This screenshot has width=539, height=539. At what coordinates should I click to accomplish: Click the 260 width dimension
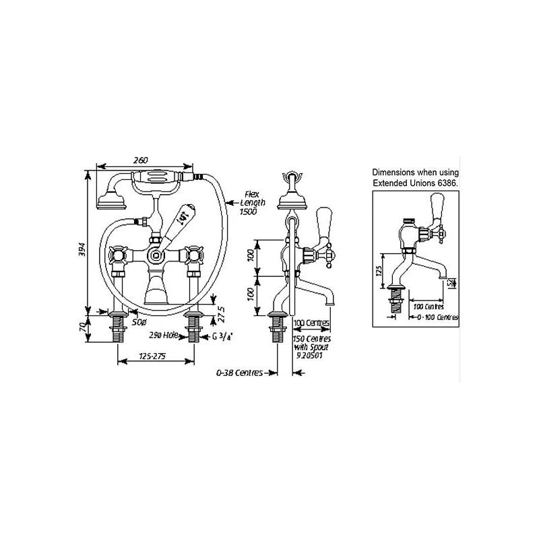click(x=140, y=160)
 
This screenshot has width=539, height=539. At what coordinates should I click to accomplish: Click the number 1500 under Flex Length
click(x=248, y=211)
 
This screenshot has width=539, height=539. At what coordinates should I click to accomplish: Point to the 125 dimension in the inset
click(x=379, y=270)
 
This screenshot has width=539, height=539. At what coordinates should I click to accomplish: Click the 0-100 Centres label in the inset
click(x=437, y=317)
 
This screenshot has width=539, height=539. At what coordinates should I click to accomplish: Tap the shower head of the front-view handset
click(x=107, y=201)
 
